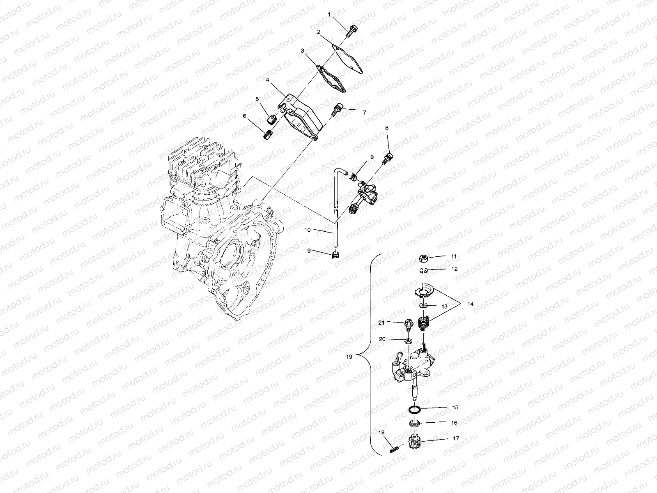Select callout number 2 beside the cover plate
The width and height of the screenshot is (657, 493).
point(318,32)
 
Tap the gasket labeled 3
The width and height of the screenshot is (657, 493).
point(332,78)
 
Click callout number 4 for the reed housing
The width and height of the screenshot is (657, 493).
point(267,81)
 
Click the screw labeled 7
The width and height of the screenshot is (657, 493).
point(338,109)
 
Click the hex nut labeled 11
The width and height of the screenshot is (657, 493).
point(424,258)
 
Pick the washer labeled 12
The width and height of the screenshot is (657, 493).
point(424,271)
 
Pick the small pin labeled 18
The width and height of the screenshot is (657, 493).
point(393,450)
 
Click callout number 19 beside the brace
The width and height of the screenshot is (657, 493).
point(349,357)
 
